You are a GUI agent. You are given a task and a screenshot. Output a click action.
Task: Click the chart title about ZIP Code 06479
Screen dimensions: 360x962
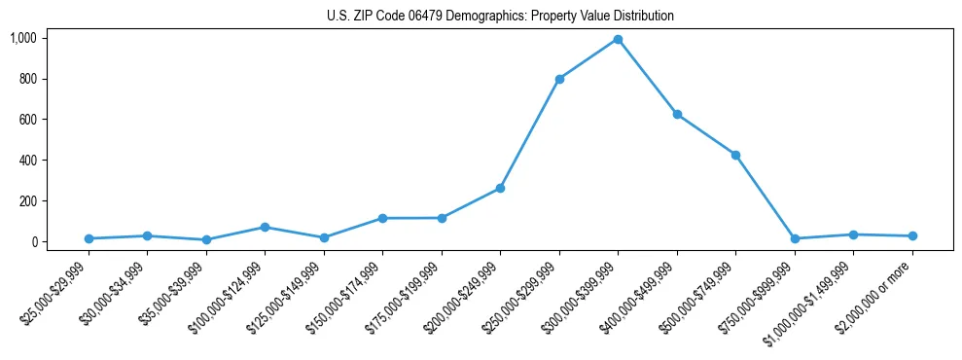(x=499, y=17)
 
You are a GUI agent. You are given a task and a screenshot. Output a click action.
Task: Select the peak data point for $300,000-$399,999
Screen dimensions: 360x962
(x=618, y=39)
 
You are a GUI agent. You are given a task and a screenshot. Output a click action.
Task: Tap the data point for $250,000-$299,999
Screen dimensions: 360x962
(x=559, y=79)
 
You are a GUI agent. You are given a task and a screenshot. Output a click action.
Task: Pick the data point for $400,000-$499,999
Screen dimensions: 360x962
(x=677, y=114)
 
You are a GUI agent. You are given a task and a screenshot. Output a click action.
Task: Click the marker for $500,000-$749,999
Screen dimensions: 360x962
(x=735, y=155)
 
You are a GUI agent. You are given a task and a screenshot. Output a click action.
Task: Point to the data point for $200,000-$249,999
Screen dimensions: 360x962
(x=500, y=188)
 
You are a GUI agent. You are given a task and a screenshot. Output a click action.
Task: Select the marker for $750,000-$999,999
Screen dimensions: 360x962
(x=795, y=238)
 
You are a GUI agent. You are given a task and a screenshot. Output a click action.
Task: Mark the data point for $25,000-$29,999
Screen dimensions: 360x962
(x=89, y=238)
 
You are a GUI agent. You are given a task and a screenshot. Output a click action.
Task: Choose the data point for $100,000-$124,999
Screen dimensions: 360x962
(x=265, y=227)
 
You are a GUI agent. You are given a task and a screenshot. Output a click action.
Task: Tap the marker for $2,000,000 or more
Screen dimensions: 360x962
(x=912, y=235)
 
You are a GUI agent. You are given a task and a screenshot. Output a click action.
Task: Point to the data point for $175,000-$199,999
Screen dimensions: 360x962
(x=442, y=218)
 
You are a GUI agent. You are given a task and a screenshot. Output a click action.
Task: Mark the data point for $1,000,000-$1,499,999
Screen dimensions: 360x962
(x=853, y=234)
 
